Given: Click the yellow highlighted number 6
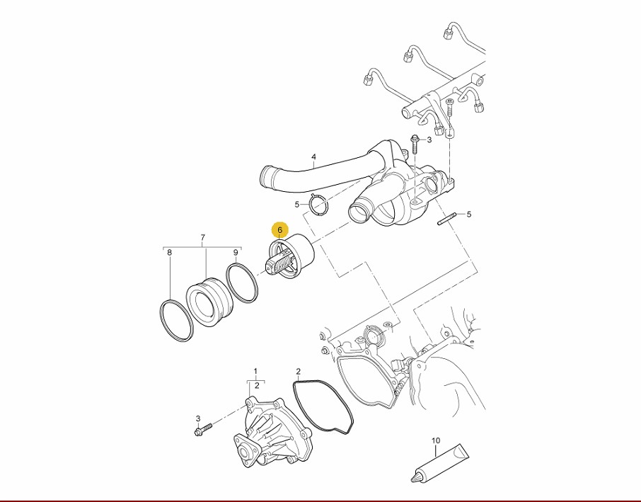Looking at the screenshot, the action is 280,230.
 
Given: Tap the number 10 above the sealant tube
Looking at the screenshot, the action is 436,440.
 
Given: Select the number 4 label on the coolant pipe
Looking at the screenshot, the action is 313,156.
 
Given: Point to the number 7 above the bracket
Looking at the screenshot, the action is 203,237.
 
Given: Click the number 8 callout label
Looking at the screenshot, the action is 170,253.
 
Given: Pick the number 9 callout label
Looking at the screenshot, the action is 236,253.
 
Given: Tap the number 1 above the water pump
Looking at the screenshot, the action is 255,372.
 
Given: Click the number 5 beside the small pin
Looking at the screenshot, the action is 469,214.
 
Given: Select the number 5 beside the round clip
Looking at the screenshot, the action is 297,204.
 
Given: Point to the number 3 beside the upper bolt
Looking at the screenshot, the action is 429,140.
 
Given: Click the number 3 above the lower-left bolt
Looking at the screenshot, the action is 198,418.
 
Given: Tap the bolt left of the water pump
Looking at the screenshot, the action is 202,429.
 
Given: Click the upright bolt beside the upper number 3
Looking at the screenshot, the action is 415,144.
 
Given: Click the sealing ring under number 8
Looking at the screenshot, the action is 175,320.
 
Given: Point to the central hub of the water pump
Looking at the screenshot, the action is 245,453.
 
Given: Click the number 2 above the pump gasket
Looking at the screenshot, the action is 299,372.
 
